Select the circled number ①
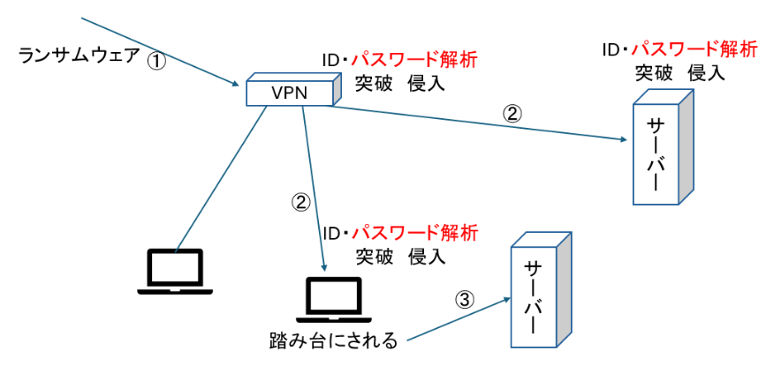155,61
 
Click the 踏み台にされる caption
334,340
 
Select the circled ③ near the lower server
465,300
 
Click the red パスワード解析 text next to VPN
414,61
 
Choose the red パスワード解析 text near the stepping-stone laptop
414,234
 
